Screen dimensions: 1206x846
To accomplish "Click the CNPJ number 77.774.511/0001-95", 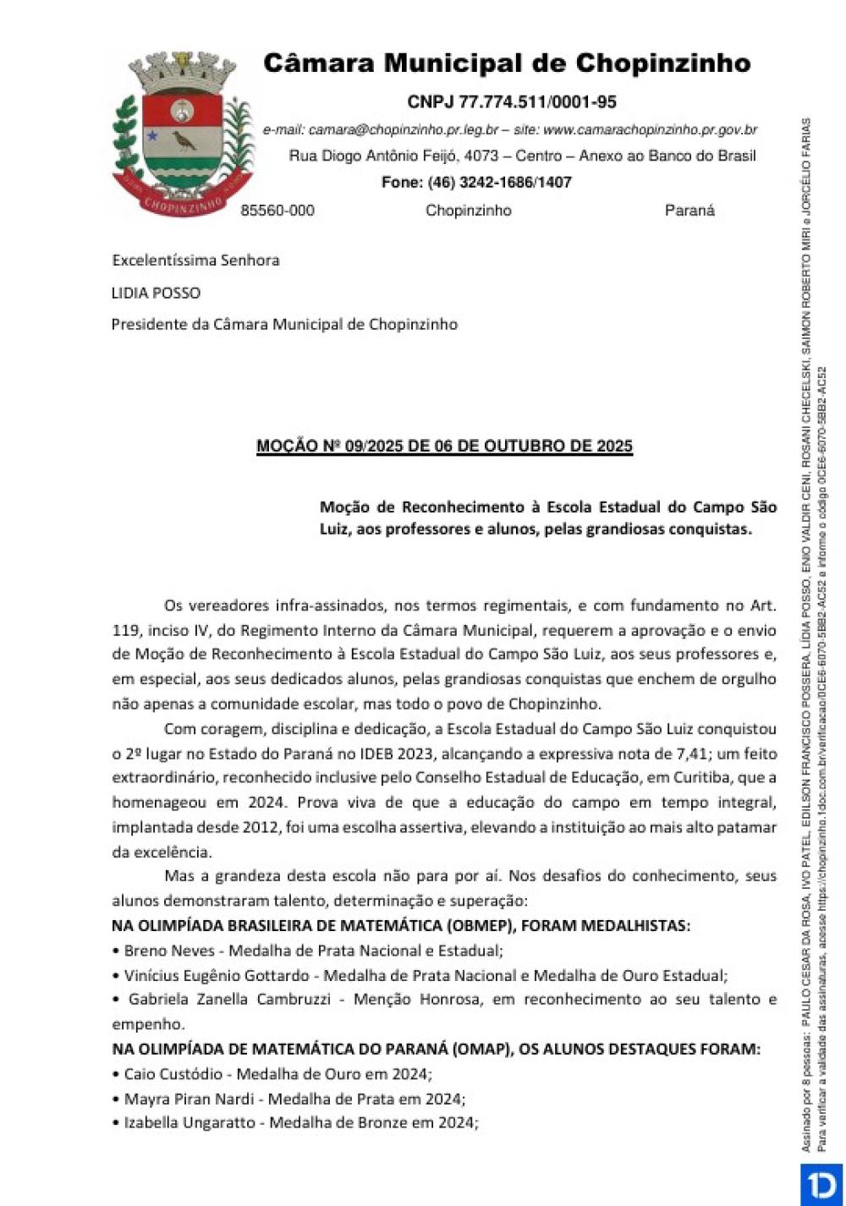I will point(538,102).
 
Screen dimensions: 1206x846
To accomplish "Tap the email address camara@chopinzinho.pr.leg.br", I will point(404,130).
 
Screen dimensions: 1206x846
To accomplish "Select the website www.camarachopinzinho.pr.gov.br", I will point(650,130).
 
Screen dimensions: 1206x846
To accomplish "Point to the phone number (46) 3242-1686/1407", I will point(499,182).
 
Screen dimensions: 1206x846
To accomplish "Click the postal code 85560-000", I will point(277,211).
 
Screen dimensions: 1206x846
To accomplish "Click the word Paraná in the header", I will point(689,211).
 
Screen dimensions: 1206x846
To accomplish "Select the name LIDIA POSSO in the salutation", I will point(157,293).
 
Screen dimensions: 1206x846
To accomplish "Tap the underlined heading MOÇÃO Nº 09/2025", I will point(444,446).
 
